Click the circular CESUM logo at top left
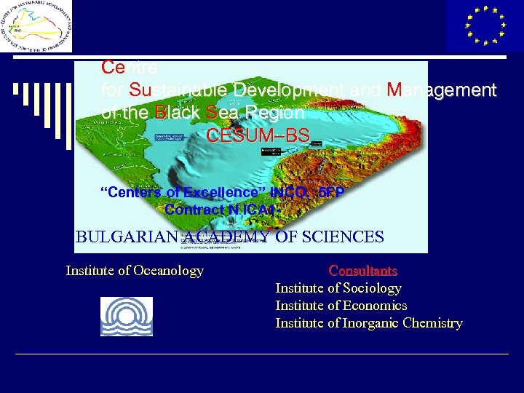pos(36,27)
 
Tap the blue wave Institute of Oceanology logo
pos(127,316)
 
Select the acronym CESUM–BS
pos(258,136)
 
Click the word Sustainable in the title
pos(180,90)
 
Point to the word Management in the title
pos(442,90)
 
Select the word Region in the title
pos(275,113)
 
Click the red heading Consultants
pos(363,271)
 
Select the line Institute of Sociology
pos(338,288)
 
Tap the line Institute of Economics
pos(341,306)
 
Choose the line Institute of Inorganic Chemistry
pos(368,323)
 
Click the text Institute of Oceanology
pos(135,271)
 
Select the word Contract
pos(193,210)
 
